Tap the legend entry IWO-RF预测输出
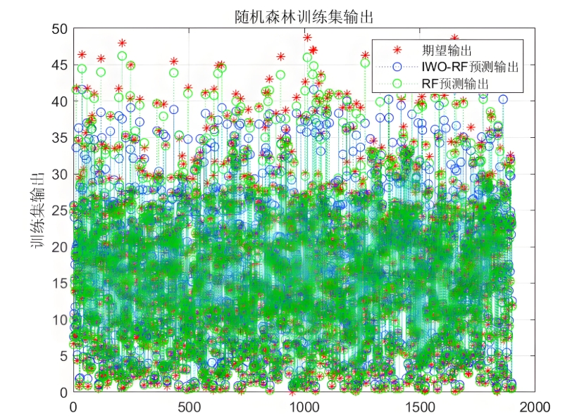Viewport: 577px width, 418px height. click(470, 67)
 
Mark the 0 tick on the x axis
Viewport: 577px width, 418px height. click(73, 405)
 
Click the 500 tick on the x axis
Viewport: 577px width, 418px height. click(188, 405)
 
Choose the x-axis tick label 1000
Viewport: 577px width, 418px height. click(304, 405)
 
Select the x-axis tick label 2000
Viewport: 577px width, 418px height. click(533, 405)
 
